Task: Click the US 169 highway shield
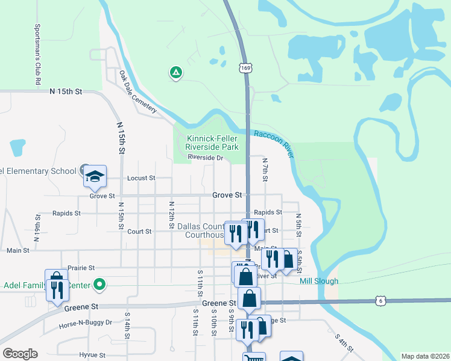click(245, 69)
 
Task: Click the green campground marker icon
click(175, 73)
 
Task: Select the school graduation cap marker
click(95, 176)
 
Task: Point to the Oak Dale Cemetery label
click(138, 92)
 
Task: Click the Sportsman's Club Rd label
click(37, 54)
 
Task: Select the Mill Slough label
click(319, 281)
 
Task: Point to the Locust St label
click(141, 178)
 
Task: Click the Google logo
click(20, 353)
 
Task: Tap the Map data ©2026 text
click(425, 356)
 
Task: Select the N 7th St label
click(265, 170)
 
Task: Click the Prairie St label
click(82, 268)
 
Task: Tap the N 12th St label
click(172, 211)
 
